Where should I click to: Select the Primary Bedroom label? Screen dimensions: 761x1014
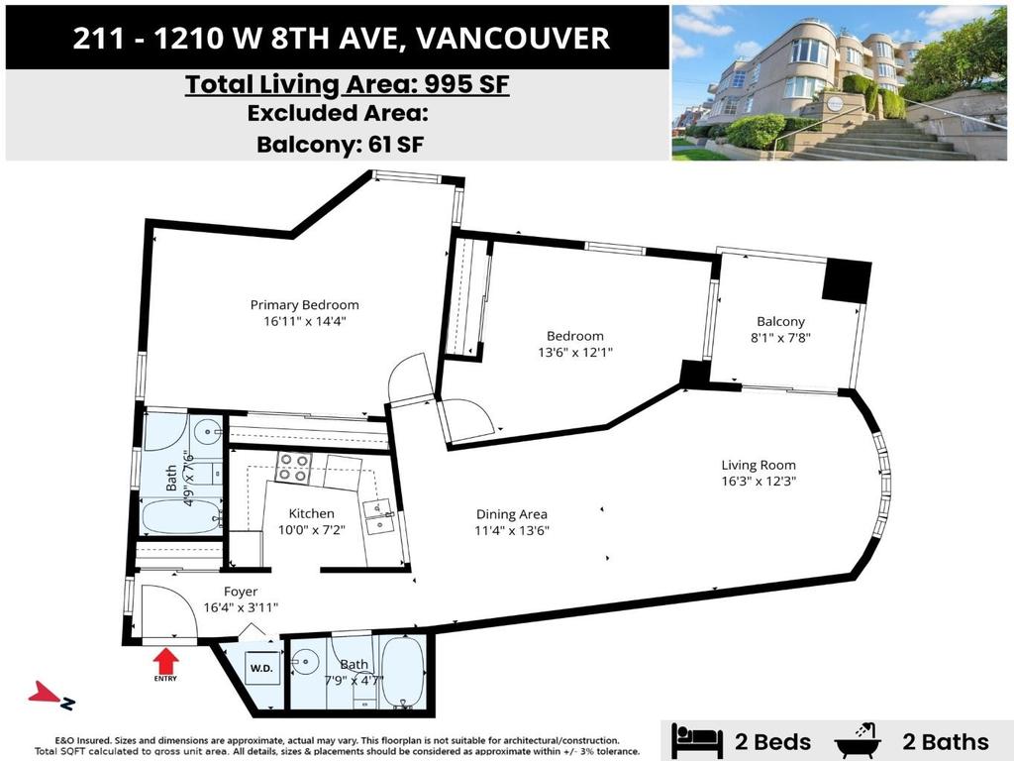(x=304, y=305)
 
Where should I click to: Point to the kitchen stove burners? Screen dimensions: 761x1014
(x=294, y=468)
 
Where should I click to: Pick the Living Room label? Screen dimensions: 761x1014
(x=759, y=465)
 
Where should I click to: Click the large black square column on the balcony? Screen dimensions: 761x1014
(x=846, y=281)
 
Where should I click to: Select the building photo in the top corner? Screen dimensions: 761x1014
(x=838, y=82)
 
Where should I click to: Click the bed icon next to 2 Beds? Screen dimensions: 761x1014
(x=696, y=740)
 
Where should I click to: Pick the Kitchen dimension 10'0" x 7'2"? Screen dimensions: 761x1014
(x=311, y=530)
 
